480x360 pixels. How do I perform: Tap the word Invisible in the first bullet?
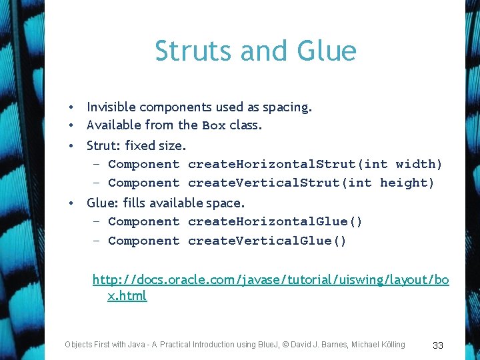tap(111, 107)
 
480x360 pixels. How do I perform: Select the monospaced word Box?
tap(214, 125)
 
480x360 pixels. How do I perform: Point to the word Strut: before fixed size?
tap(105, 145)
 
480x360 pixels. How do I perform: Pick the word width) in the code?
tap(419, 164)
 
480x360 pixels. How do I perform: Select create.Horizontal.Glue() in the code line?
tap(275, 221)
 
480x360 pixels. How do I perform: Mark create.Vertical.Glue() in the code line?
tap(267, 241)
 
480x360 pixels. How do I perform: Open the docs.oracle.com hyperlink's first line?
tap(270, 279)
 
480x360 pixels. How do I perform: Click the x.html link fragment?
tap(127, 295)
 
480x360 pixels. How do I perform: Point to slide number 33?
tap(438, 345)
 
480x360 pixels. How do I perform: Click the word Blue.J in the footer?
tap(272, 345)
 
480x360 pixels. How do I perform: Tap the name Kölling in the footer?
tap(389, 345)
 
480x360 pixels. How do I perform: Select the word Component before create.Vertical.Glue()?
tap(143, 241)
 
